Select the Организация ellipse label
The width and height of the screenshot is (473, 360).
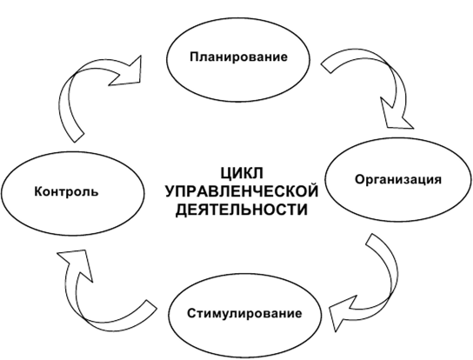398,179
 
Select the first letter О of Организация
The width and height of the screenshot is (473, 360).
359,179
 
